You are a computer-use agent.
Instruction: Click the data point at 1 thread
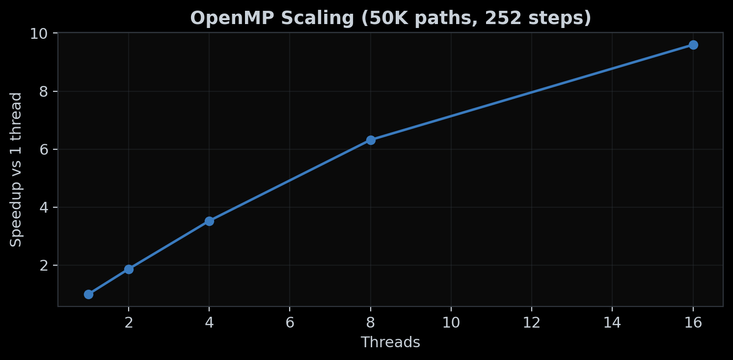click(88, 294)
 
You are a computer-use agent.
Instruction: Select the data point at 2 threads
click(129, 269)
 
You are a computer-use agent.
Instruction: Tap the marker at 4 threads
click(209, 221)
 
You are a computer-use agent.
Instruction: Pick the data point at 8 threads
click(371, 140)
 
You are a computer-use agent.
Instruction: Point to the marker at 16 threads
click(693, 45)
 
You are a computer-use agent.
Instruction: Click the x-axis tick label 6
click(290, 323)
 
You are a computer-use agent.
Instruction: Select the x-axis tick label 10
click(451, 323)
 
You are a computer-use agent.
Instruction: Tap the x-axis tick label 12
click(532, 323)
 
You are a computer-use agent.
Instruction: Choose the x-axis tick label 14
click(612, 323)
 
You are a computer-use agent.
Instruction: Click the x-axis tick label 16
click(693, 323)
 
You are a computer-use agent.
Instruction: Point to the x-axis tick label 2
click(129, 323)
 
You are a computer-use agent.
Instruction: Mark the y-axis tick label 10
click(41, 33)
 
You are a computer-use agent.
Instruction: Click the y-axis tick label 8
click(45, 91)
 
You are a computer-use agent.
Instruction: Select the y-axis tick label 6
click(45, 149)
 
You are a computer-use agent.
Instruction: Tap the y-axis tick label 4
click(45, 207)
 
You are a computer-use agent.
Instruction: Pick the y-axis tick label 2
click(45, 265)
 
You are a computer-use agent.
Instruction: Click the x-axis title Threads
click(390, 342)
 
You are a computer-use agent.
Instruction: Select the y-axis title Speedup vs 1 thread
click(17, 169)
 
